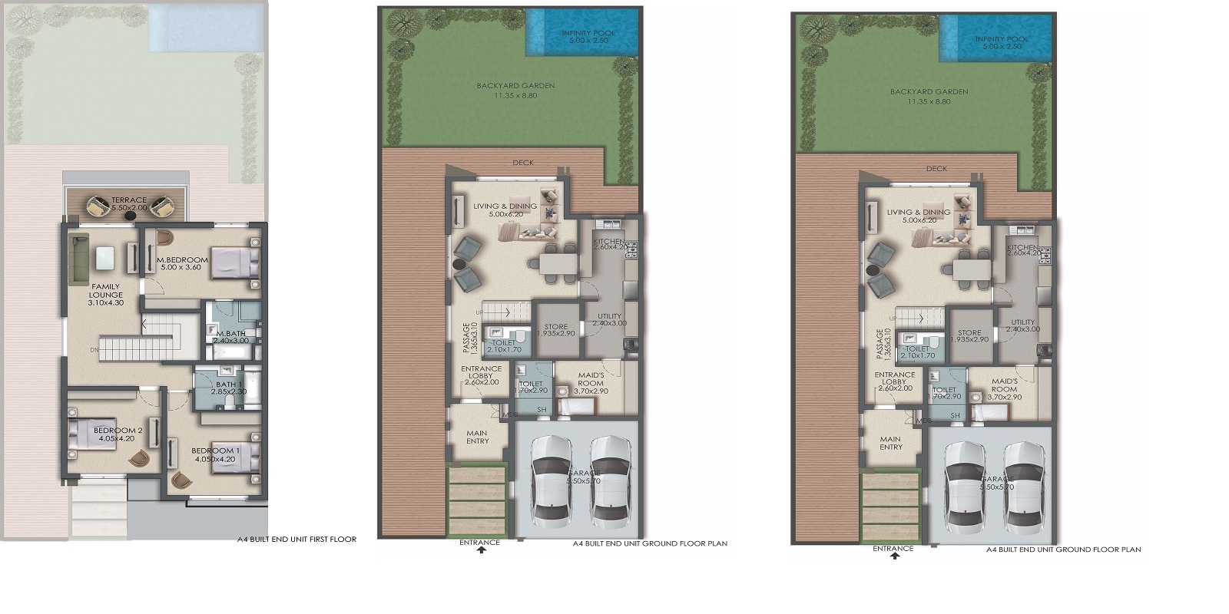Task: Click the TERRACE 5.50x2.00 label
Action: (x=129, y=203)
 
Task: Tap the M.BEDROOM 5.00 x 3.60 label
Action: (x=182, y=263)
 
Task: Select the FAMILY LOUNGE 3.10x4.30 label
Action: (x=105, y=295)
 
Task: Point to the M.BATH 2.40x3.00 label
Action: (x=230, y=337)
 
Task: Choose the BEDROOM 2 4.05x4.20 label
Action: (x=118, y=434)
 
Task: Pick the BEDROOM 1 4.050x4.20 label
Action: (x=214, y=454)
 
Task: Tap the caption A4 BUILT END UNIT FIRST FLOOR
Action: (x=296, y=540)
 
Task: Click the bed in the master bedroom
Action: (x=235, y=262)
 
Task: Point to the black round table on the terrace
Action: (x=131, y=216)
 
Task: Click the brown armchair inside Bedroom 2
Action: (x=139, y=457)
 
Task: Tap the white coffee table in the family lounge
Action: (x=104, y=260)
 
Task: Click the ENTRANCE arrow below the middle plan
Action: (x=481, y=550)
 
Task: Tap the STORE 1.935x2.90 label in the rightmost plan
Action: (x=969, y=336)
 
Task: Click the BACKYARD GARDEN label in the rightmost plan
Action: (x=929, y=96)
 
